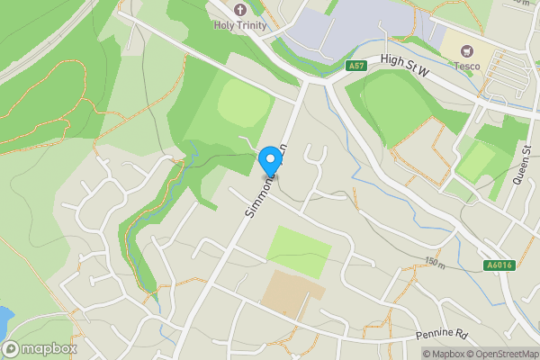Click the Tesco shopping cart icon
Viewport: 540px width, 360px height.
(467, 50)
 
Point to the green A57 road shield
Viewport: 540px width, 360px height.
(355, 65)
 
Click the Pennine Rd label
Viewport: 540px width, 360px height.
(442, 334)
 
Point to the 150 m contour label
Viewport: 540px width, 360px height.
(436, 263)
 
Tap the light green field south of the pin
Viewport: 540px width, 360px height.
(300, 250)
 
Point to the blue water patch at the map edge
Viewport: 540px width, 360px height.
(4, 318)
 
